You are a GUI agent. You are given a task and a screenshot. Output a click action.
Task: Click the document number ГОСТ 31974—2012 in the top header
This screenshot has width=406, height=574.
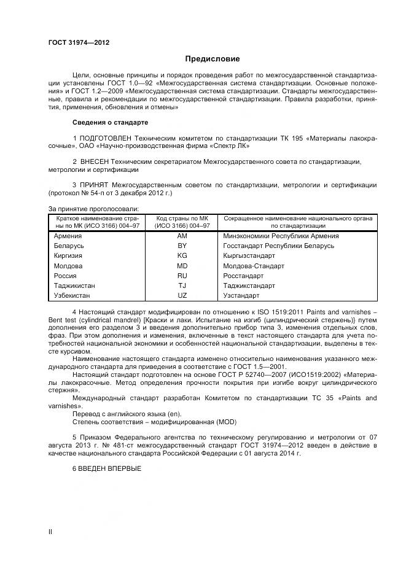[x=79, y=42]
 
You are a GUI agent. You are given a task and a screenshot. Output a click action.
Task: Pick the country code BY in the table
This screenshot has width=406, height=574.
[x=182, y=246]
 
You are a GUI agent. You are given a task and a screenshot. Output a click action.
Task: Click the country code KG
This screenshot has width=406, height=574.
[x=182, y=256]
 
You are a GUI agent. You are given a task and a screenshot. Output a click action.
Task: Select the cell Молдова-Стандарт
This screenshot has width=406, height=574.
[x=254, y=266]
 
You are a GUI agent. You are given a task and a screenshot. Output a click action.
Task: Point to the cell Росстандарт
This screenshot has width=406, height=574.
[x=242, y=276]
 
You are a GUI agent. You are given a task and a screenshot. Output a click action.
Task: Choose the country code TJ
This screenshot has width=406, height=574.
[x=182, y=285]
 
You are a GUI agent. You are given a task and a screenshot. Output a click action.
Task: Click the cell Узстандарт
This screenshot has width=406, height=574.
[x=241, y=295]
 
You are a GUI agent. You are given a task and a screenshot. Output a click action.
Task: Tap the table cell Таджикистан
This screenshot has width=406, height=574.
[x=74, y=285]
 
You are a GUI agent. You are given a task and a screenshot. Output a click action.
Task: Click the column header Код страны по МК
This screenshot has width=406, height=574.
[x=182, y=219]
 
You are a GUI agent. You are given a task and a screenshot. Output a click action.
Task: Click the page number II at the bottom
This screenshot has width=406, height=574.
[x=50, y=532]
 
